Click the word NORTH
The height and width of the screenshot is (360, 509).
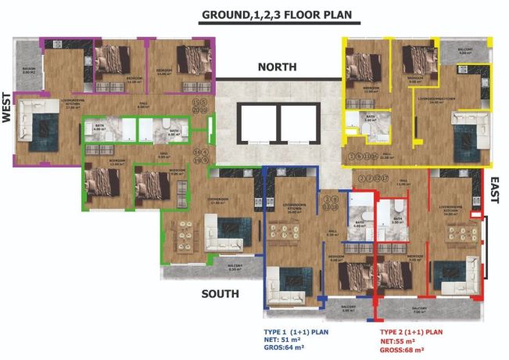pyautogui.click(x=279, y=67)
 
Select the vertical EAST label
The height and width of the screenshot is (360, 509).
pyautogui.click(x=494, y=189)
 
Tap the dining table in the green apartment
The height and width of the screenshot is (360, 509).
pyautogui.click(x=186, y=232)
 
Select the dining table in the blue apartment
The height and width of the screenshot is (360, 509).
pyautogui.click(x=285, y=232)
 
